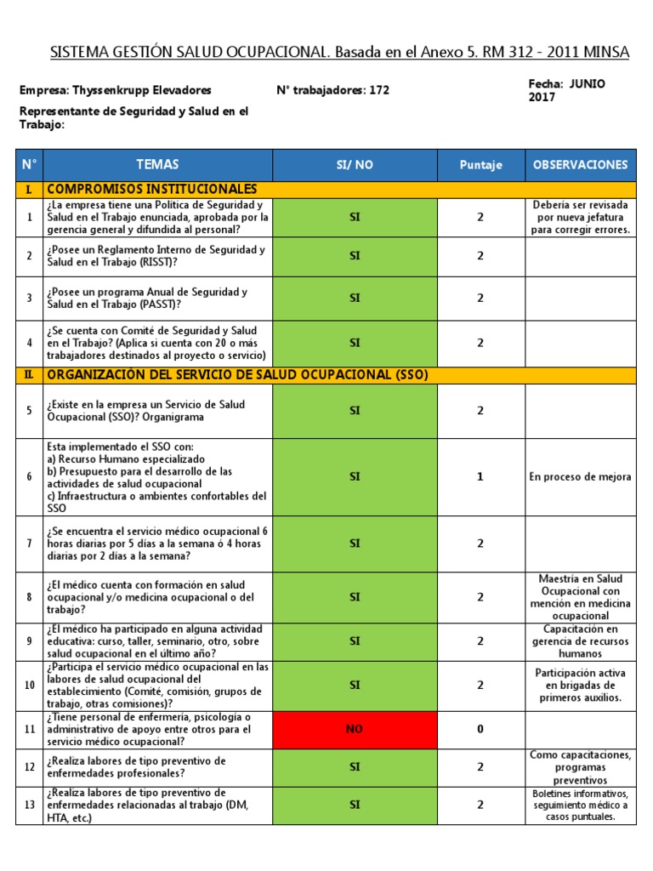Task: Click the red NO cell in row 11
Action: pyautogui.click(x=355, y=729)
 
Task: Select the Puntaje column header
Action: pyautogui.click(x=480, y=165)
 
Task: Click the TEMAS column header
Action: pyautogui.click(x=157, y=165)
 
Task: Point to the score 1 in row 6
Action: pyautogui.click(x=480, y=477)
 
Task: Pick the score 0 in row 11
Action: pyautogui.click(x=480, y=729)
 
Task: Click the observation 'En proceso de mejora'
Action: pyautogui.click(x=580, y=477)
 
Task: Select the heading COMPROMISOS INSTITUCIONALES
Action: pyautogui.click(x=152, y=189)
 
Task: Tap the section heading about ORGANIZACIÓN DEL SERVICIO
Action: pyautogui.click(x=237, y=374)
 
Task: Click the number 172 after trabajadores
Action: pyautogui.click(x=379, y=90)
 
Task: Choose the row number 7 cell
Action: pyautogui.click(x=29, y=543)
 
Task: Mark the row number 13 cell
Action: pyautogui.click(x=29, y=805)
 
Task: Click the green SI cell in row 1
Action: pyautogui.click(x=355, y=217)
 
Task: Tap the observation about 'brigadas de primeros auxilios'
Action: pyautogui.click(x=580, y=685)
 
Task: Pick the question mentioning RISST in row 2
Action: pyautogui.click(x=156, y=255)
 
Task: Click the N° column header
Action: pyautogui.click(x=29, y=165)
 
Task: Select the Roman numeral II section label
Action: pyautogui.click(x=29, y=374)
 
